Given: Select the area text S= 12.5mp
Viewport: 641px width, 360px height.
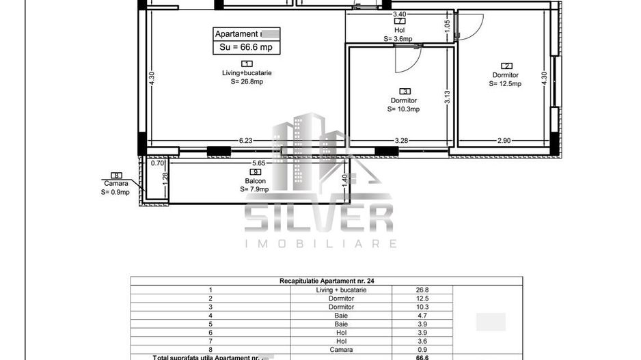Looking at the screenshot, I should (505, 84).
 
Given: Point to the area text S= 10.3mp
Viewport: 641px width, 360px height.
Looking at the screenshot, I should (403, 109).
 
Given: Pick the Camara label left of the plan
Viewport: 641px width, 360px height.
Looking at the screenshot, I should (115, 184).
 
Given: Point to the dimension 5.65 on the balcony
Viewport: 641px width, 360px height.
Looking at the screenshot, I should (259, 164).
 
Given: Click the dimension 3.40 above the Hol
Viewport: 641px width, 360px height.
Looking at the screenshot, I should (399, 14).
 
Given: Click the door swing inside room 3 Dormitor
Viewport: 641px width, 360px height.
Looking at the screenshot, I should (405, 61).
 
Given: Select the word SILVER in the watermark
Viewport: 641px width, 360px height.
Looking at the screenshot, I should (318, 218).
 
